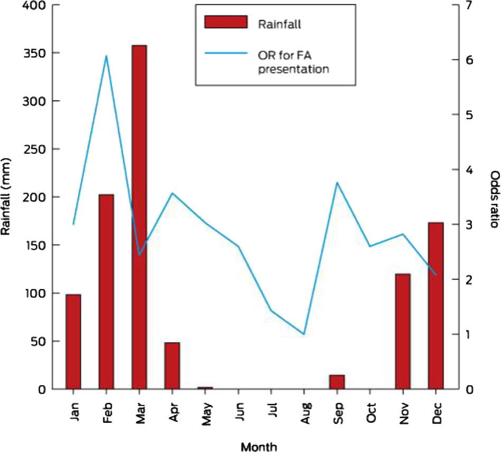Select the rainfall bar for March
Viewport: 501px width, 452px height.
[x=139, y=217]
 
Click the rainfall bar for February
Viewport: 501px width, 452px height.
[x=106, y=292]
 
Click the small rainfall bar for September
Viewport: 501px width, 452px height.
[x=337, y=382]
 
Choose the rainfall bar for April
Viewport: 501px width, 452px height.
[x=172, y=366]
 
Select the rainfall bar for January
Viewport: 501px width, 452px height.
[x=73, y=341]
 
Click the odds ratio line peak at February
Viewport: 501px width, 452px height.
[x=106, y=56]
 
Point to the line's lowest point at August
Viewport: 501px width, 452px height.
[x=304, y=334]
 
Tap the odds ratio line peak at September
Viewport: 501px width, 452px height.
[x=337, y=183]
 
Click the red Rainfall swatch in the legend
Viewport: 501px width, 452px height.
[x=226, y=22]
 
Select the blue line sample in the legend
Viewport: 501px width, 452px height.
[x=226, y=53]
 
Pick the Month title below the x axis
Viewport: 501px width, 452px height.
[x=259, y=447]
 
